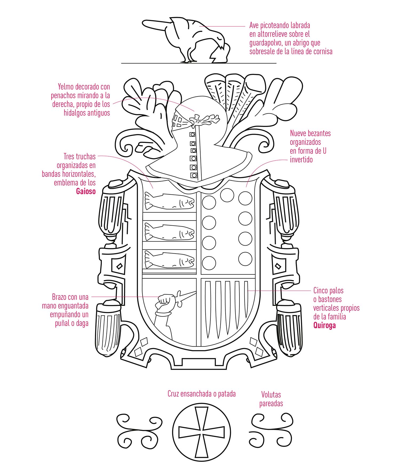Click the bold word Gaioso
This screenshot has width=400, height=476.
tap(86, 191)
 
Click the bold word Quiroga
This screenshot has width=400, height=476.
tap(325, 325)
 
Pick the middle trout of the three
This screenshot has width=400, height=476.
tap(169, 231)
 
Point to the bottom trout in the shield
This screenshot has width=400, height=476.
tap(169, 260)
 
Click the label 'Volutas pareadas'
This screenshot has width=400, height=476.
tap(271, 399)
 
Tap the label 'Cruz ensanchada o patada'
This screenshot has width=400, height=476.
tap(202, 394)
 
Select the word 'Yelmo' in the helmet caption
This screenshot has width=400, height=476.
tap(66, 87)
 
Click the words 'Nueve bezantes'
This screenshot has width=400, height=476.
tap(310, 133)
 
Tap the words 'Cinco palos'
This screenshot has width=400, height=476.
tap(328, 290)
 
